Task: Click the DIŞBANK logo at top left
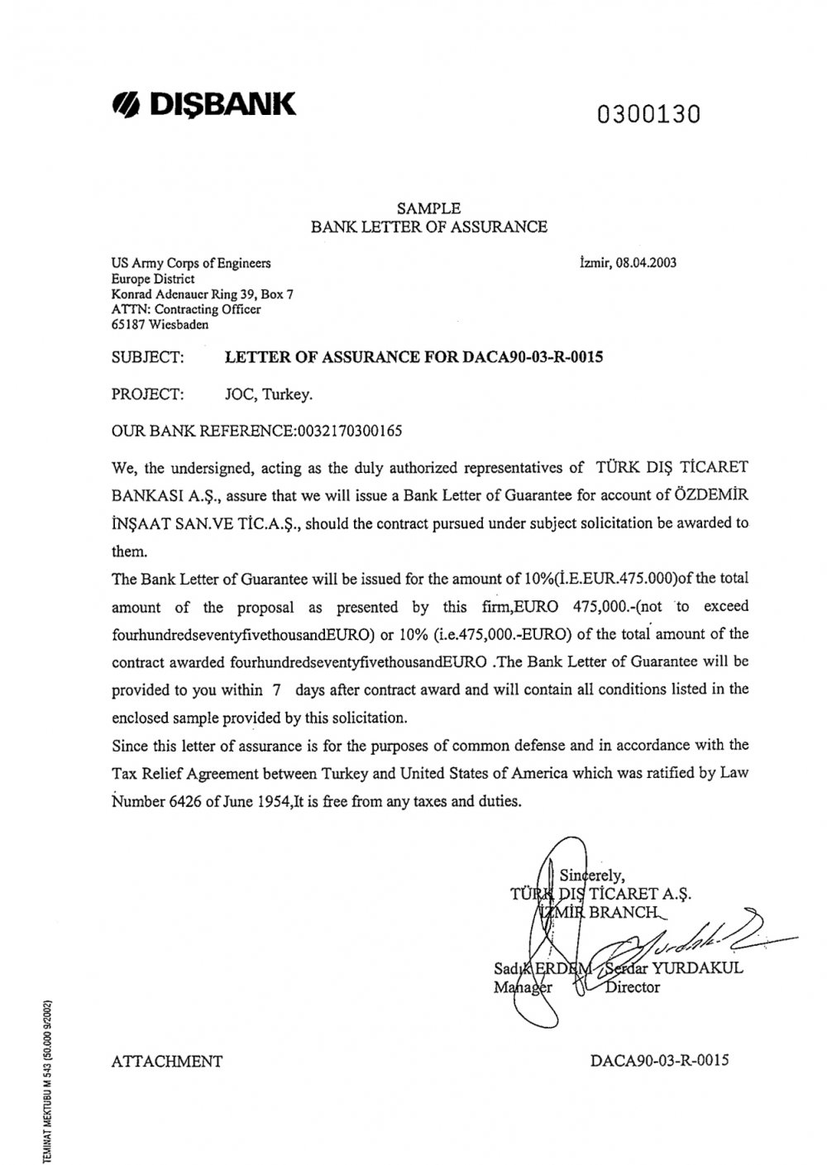(x=203, y=105)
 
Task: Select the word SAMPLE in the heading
(x=428, y=208)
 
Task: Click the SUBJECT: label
(x=146, y=357)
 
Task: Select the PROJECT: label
(x=146, y=394)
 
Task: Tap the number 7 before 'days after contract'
(x=278, y=689)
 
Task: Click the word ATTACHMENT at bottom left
(x=166, y=1062)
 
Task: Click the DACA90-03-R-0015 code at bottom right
(x=660, y=1061)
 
